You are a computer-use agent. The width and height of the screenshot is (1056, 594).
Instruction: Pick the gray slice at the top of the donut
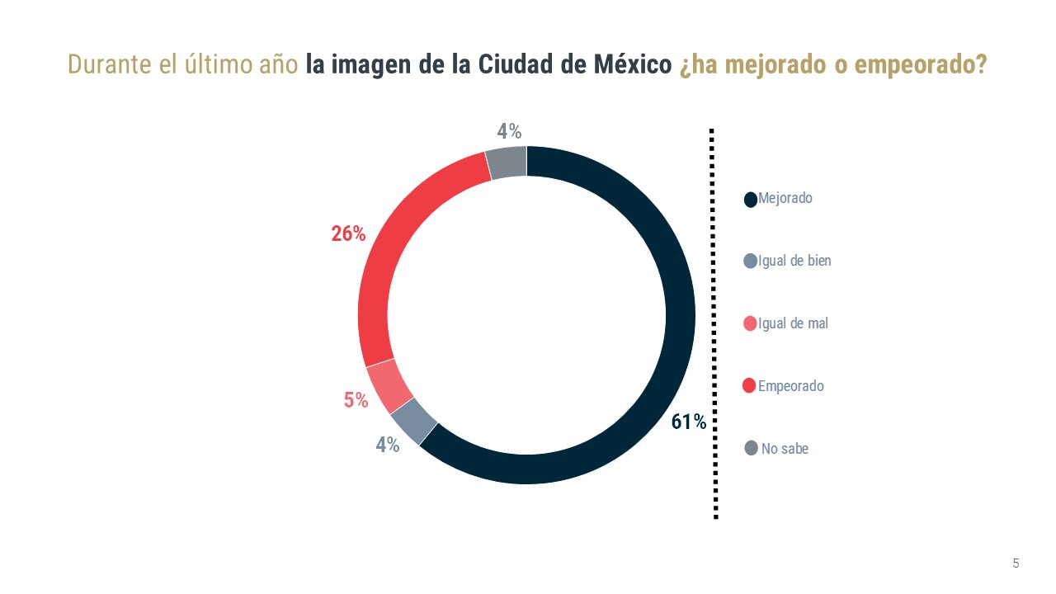click(507, 162)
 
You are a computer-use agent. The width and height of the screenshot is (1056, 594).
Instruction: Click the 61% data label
click(688, 422)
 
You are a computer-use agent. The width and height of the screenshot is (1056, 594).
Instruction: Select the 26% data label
click(348, 234)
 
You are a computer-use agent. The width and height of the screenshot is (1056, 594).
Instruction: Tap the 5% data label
click(356, 400)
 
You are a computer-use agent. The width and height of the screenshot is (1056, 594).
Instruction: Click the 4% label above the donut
click(509, 131)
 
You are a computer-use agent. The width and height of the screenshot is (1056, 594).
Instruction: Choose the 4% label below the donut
click(388, 445)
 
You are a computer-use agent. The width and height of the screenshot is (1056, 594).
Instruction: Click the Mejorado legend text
click(785, 199)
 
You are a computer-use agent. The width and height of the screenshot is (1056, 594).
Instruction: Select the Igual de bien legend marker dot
click(751, 262)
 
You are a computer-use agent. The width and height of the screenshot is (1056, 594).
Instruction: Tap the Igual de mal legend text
click(793, 323)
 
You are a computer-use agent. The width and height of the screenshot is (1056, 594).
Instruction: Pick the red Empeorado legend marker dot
click(750, 386)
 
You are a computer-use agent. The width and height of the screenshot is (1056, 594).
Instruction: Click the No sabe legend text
click(785, 449)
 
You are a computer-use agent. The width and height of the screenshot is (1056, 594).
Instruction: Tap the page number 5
click(1016, 563)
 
